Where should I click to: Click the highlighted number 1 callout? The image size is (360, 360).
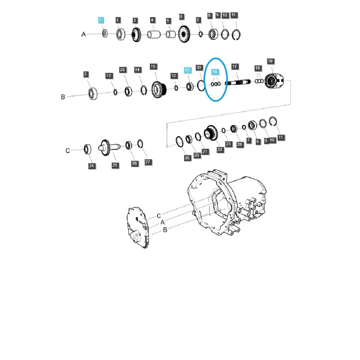point(101,20)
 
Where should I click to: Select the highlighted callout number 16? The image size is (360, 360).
point(215,72)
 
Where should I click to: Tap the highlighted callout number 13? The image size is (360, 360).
point(187,70)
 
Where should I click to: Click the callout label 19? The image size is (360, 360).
point(270,61)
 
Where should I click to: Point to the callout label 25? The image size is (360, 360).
point(115,166)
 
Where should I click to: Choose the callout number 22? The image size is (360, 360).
point(220,149)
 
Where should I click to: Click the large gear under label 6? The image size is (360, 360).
point(183,34)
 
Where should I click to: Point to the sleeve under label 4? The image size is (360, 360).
point(154,35)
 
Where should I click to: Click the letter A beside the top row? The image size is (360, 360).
point(83,34)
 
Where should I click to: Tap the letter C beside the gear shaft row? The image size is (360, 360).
point(67,151)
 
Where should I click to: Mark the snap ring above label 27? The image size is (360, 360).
point(140,144)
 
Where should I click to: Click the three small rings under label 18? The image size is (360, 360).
point(259,81)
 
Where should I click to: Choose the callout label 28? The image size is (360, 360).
point(122,70)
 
